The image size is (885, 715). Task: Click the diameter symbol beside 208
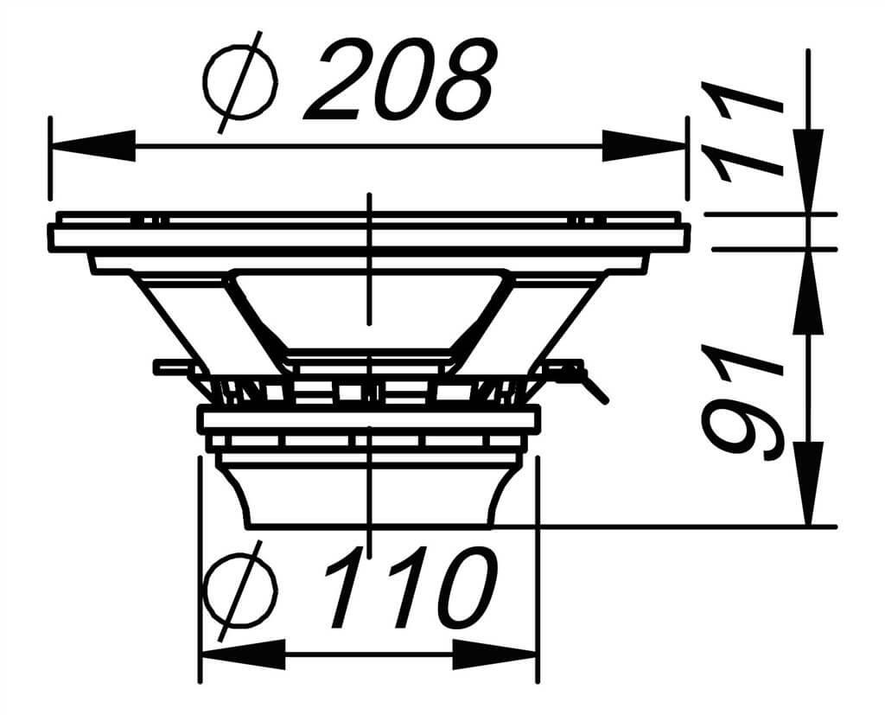click(241, 82)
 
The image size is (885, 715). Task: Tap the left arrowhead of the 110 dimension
click(243, 654)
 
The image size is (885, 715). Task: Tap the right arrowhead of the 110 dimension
click(494, 654)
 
